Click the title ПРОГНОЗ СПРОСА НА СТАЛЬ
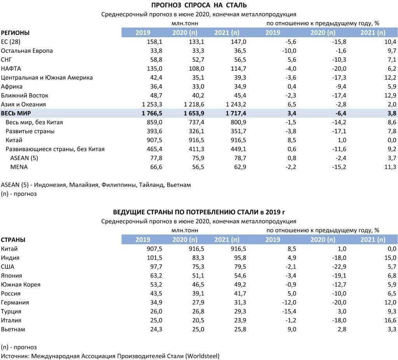[x=199, y=5]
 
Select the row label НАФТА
[x=11, y=68]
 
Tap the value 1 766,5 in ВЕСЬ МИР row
[x=152, y=113]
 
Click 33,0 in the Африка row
[x=198, y=87]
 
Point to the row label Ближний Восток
[x=24, y=96]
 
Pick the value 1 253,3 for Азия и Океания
[x=152, y=104]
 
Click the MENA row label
[x=19, y=167]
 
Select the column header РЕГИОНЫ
[x=15, y=33]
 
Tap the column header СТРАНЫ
[x=13, y=240]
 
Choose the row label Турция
[x=11, y=311]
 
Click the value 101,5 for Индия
[x=154, y=258]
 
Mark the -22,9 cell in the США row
[x=339, y=267]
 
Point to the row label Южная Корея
[x=21, y=285]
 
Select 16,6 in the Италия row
[x=390, y=320]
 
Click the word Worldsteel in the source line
[x=202, y=356]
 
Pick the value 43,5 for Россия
[x=156, y=294]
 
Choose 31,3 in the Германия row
[x=240, y=302]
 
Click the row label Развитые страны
[x=30, y=131]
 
